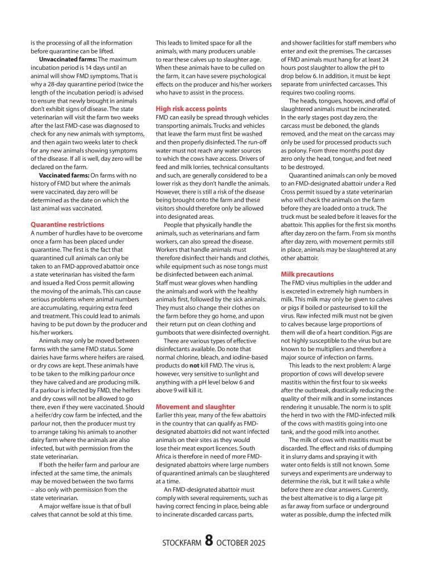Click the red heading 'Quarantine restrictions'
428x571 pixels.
pos(67,224)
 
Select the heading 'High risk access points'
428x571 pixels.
pos(191,108)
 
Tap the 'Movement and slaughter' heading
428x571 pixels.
pos(195,406)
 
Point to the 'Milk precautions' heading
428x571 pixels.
pos(307,274)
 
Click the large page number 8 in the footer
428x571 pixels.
pos(208,540)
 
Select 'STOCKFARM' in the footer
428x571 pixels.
pos(182,543)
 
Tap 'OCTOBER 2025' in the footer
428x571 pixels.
pos(241,543)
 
